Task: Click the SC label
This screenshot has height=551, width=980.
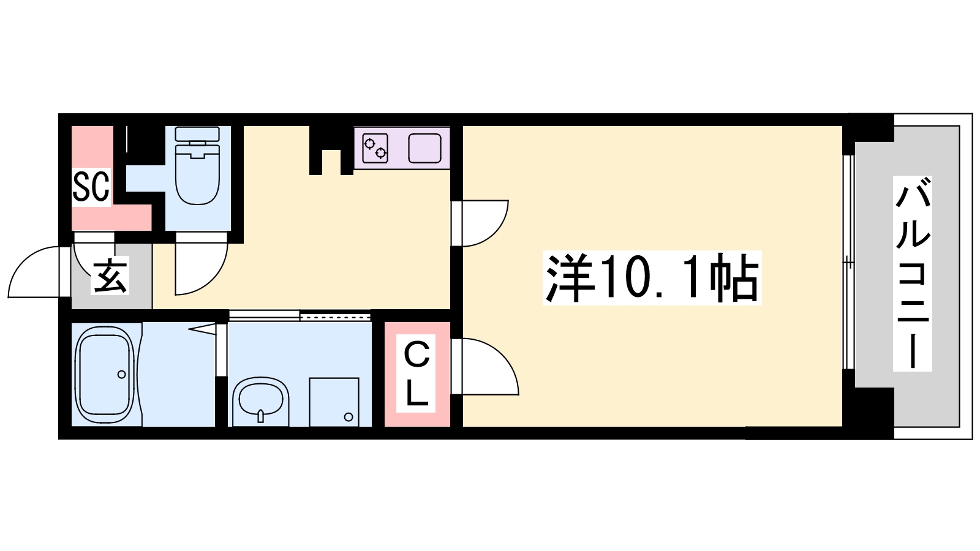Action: tap(91, 186)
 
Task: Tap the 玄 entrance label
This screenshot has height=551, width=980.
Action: tap(110, 276)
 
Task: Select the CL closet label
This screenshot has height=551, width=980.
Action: tap(417, 373)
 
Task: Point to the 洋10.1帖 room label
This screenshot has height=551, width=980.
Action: tap(652, 278)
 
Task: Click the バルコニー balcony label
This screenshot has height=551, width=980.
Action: tap(913, 273)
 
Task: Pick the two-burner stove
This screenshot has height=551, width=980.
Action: tap(375, 148)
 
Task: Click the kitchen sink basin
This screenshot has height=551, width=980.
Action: tap(425, 148)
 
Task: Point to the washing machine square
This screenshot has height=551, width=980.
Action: tap(334, 401)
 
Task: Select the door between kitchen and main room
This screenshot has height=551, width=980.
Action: tap(484, 223)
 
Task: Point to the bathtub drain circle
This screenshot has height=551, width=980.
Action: tap(121, 374)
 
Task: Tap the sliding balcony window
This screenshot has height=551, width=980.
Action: tap(848, 263)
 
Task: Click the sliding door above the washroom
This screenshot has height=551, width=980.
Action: tap(300, 316)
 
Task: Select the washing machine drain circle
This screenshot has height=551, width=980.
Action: tap(349, 417)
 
